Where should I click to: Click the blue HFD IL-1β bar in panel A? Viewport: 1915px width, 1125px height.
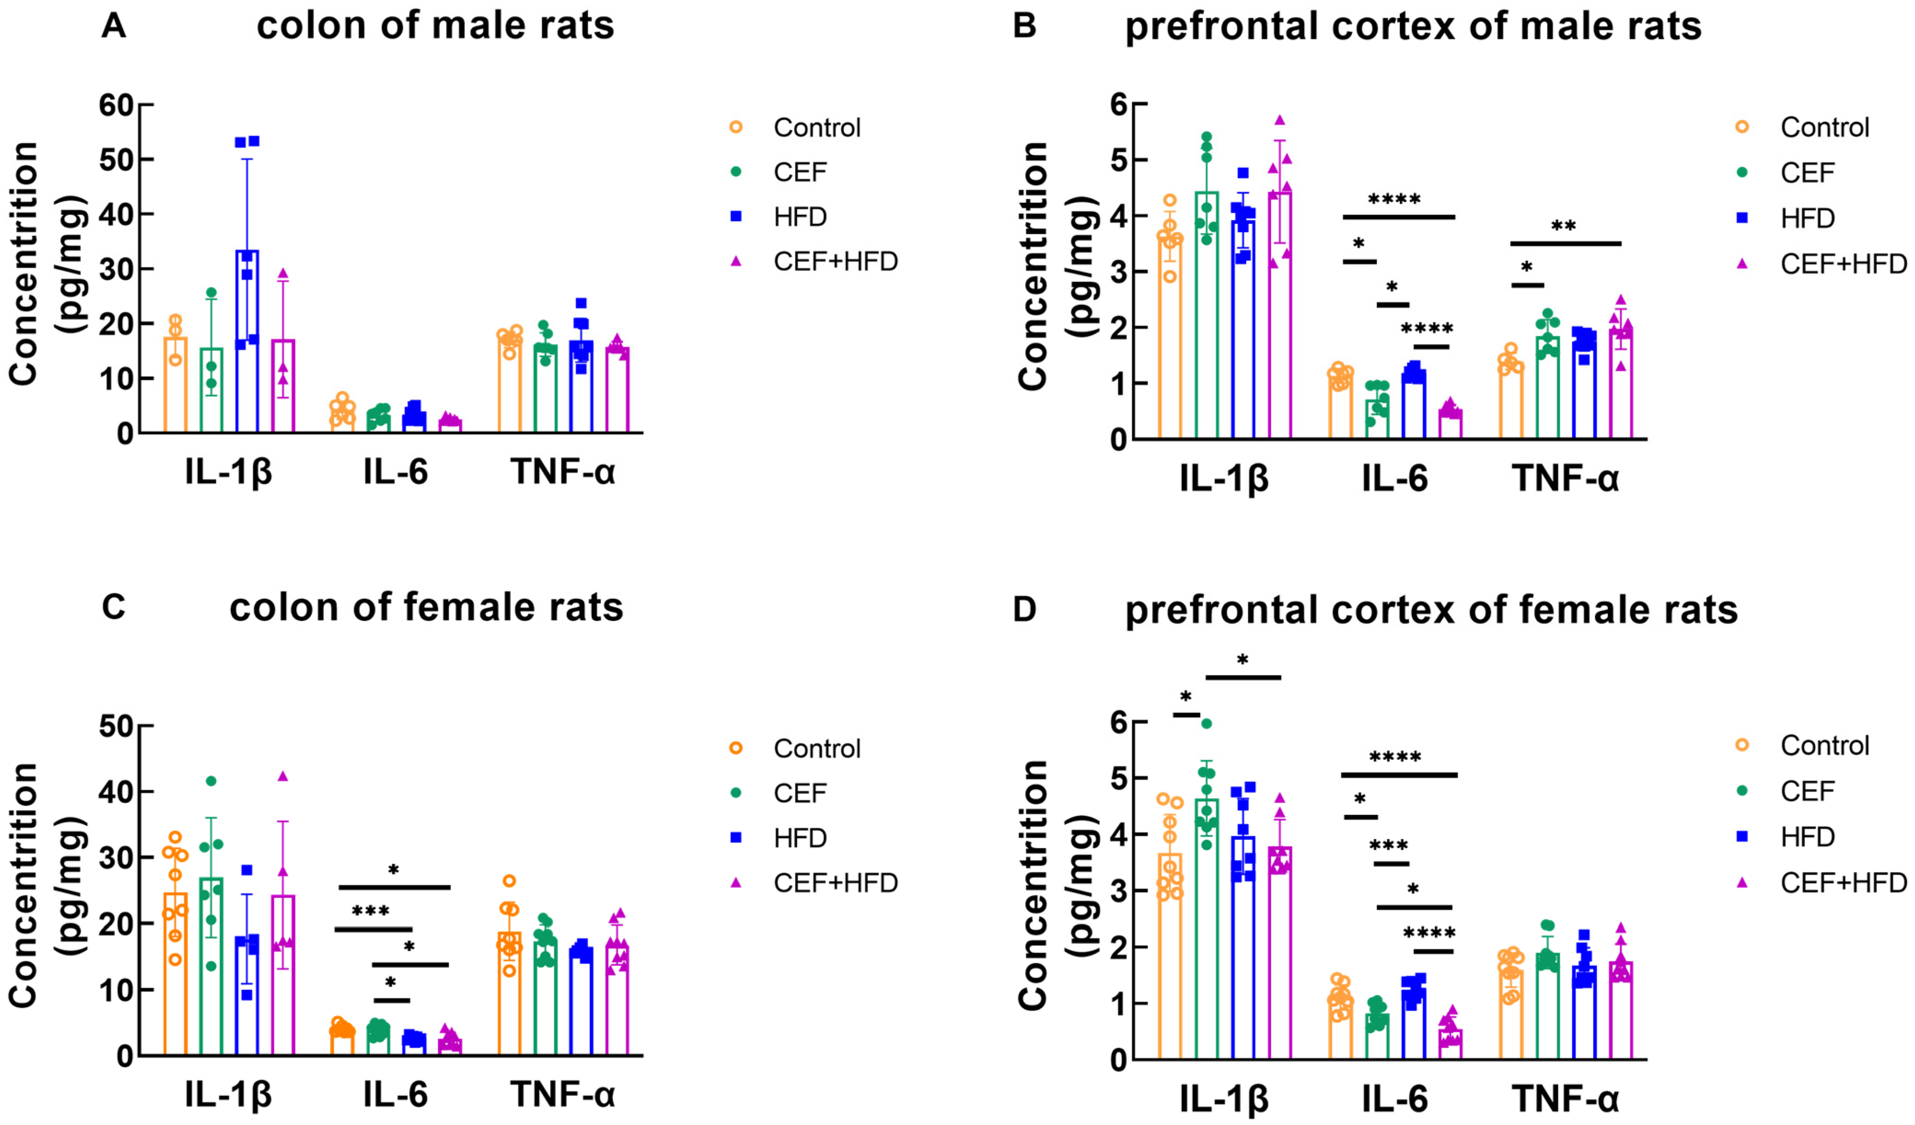tap(247, 342)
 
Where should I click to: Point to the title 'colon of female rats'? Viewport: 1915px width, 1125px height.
tap(426, 608)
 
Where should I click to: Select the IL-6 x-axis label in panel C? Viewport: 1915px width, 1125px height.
tap(395, 1094)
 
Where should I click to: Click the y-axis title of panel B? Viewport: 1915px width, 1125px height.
tap(1056, 266)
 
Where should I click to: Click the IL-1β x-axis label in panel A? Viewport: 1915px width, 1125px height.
tap(228, 472)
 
